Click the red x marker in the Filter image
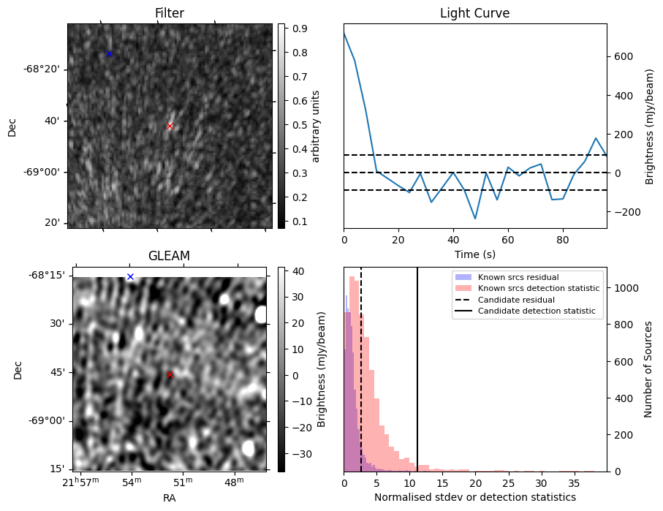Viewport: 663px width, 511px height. tap(170, 126)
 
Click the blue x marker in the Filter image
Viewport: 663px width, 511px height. tap(109, 53)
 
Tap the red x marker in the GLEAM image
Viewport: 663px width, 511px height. tap(170, 375)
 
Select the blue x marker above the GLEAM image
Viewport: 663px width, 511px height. tap(130, 276)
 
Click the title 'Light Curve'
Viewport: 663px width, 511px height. tap(474, 13)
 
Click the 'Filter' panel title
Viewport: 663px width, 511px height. tap(170, 13)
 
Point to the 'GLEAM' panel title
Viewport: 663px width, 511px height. tap(169, 256)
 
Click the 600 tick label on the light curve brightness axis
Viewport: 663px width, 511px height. tap(624, 56)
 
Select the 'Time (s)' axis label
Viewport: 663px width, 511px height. tap(474, 253)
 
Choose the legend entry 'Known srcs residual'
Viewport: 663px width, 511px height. tap(518, 277)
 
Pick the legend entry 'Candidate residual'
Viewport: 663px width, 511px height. tap(517, 300)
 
